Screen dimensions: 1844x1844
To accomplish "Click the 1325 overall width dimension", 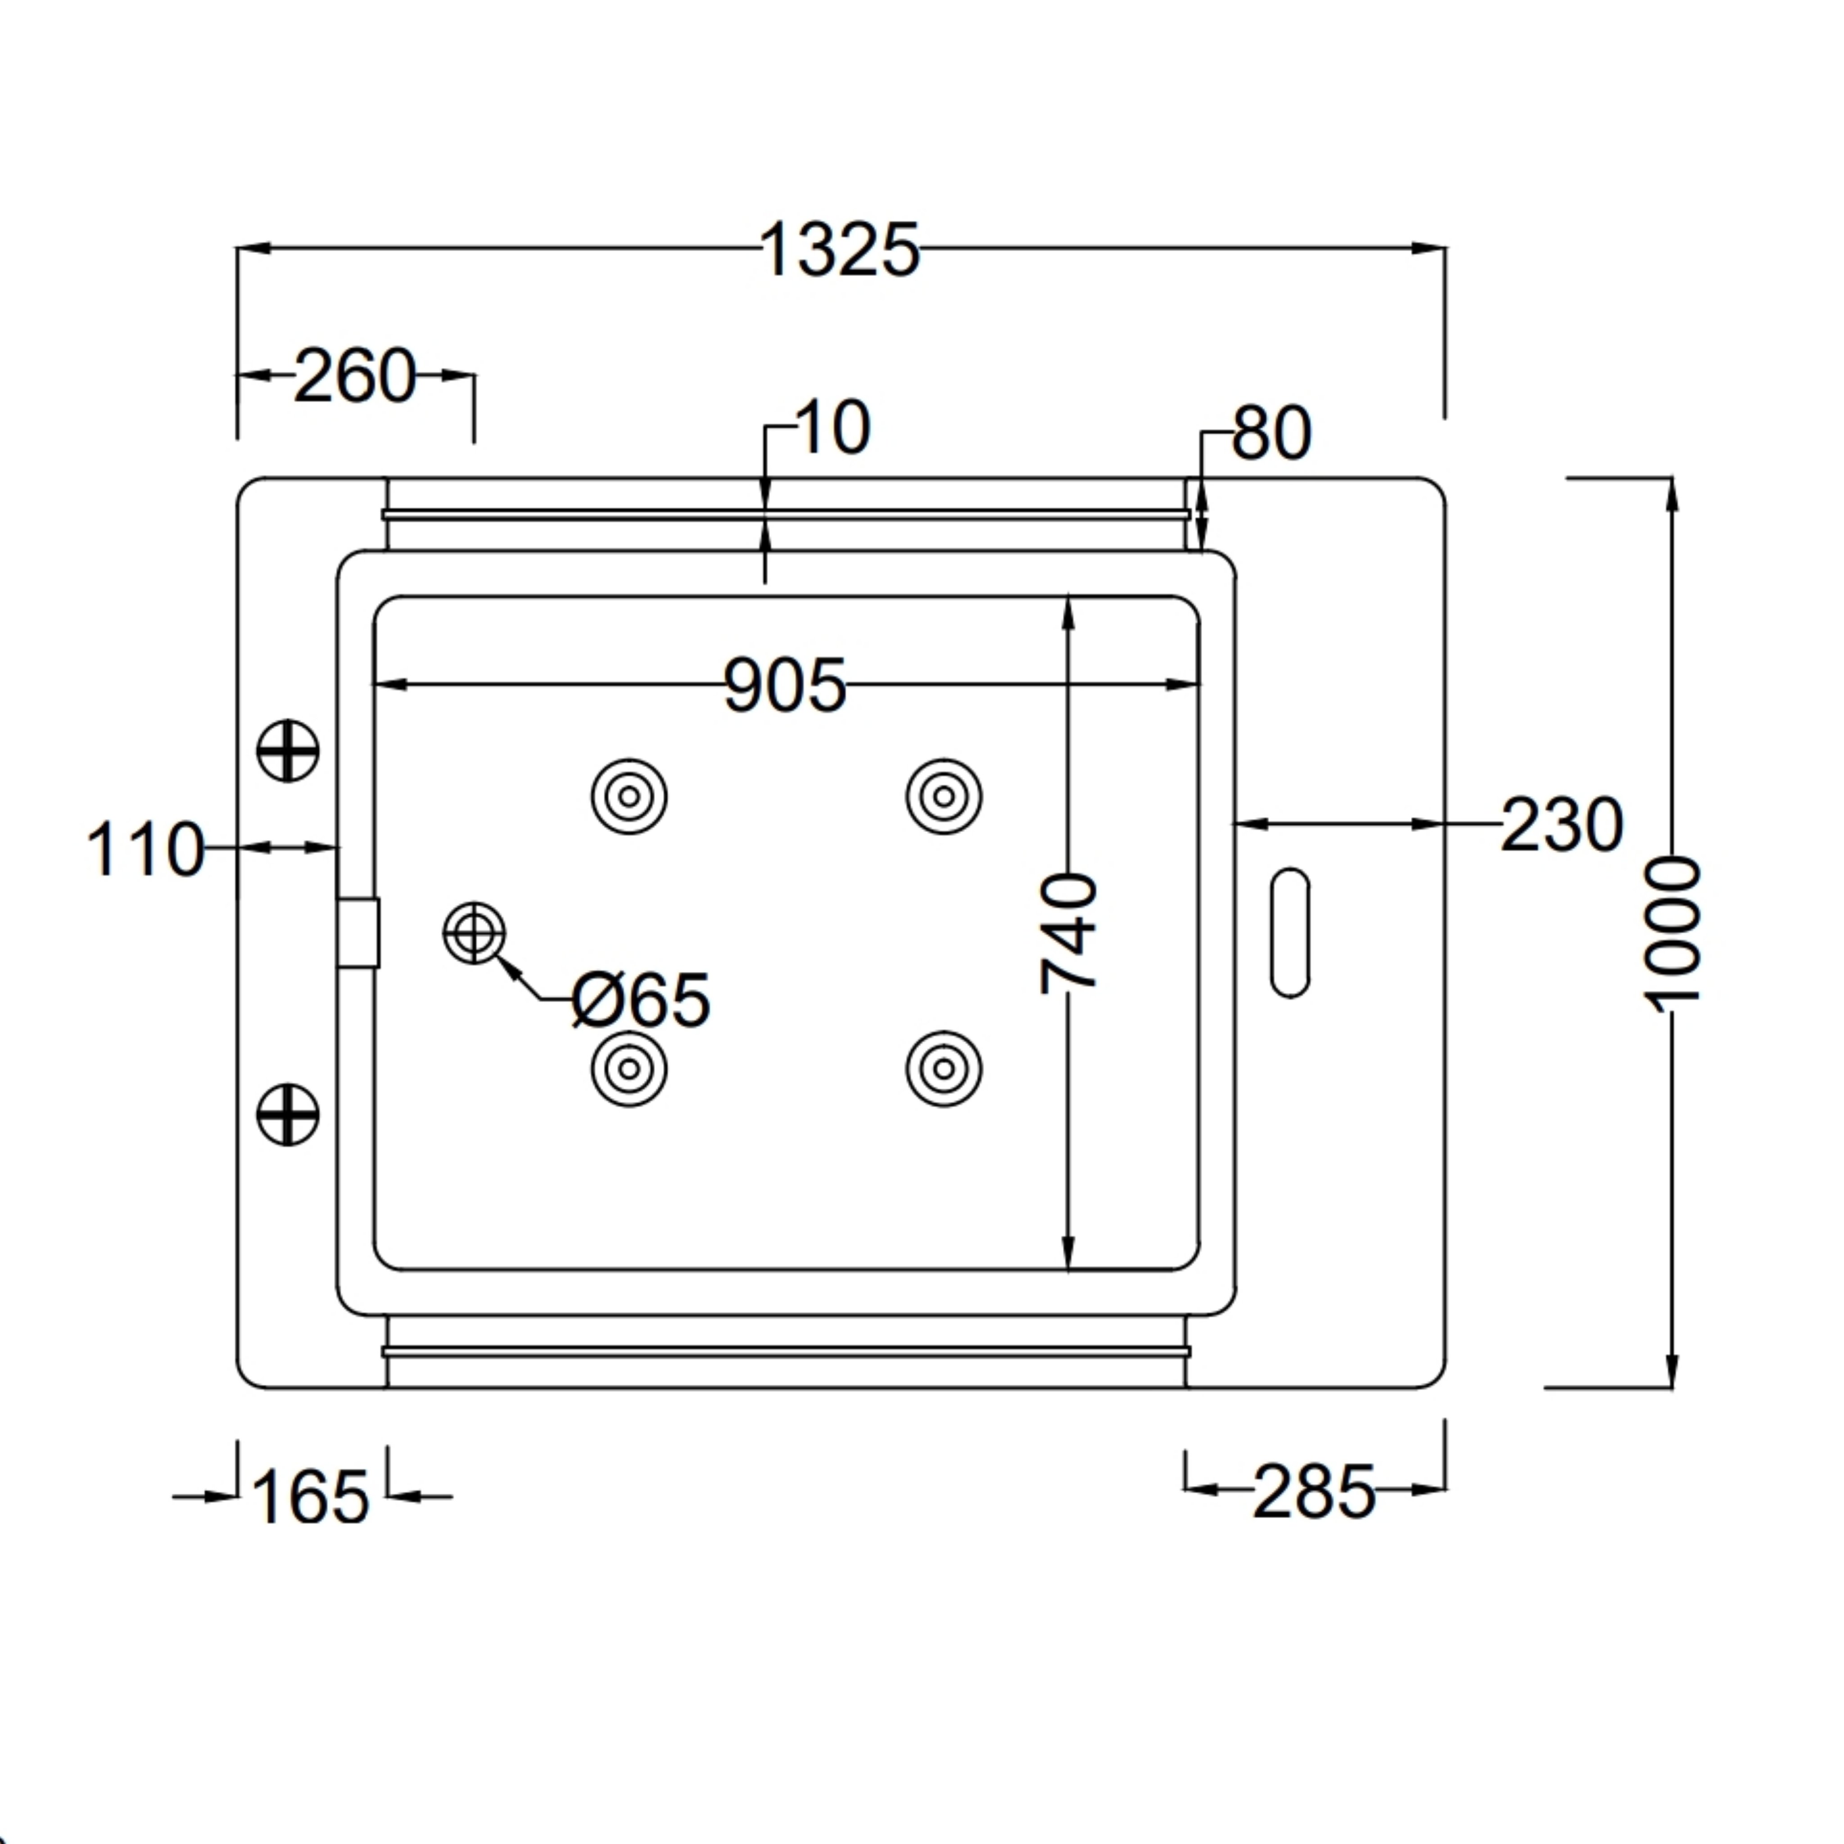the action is pyautogui.click(x=840, y=250).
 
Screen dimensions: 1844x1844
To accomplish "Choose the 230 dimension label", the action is pyautogui.click(x=1561, y=825).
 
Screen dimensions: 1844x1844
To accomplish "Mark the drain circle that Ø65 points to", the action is pyautogui.click(x=475, y=932).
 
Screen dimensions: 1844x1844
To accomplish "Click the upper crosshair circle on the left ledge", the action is pyautogui.click(x=288, y=750).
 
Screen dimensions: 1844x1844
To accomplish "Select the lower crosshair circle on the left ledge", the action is pyautogui.click(x=288, y=1114).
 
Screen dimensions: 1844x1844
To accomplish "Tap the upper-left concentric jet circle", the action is pyautogui.click(x=629, y=796).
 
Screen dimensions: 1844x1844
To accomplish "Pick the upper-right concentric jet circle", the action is pyautogui.click(x=944, y=796).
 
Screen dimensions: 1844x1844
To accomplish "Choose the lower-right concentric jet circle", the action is pyautogui.click(x=944, y=1069).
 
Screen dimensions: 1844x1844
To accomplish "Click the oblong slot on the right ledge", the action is pyautogui.click(x=1290, y=933).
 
